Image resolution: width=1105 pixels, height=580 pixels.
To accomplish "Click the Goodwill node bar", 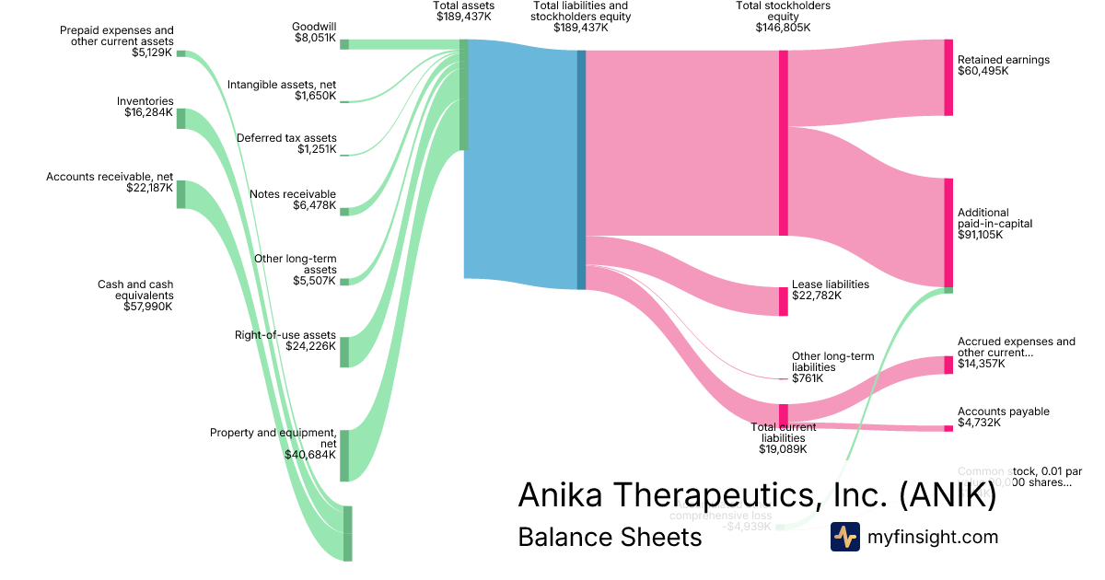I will [344, 44].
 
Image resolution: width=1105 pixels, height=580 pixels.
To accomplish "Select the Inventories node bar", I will [180, 118].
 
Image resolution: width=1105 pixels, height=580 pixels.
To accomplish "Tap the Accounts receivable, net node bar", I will [180, 194].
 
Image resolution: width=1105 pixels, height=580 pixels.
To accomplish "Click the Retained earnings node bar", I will [948, 77].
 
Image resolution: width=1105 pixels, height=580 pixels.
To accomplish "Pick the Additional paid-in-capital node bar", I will [948, 233].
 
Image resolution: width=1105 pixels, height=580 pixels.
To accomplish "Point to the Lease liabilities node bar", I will [784, 301].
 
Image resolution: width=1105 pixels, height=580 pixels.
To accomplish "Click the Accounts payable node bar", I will [948, 428].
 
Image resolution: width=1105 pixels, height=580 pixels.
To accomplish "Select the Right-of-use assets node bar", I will [344, 352].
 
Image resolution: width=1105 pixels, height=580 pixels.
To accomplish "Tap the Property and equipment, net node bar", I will [344, 455].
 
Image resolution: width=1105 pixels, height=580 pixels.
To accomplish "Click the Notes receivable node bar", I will [344, 212].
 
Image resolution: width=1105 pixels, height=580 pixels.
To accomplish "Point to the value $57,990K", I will [148, 307].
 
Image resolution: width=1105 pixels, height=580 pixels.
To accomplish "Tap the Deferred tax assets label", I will [286, 138].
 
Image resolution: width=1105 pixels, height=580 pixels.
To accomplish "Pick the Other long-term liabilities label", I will [832, 362].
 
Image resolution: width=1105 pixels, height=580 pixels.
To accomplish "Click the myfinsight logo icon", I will [844, 537].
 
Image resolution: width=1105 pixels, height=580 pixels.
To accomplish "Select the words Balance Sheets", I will [610, 537].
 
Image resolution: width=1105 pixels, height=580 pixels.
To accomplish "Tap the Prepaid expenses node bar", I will [180, 53].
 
